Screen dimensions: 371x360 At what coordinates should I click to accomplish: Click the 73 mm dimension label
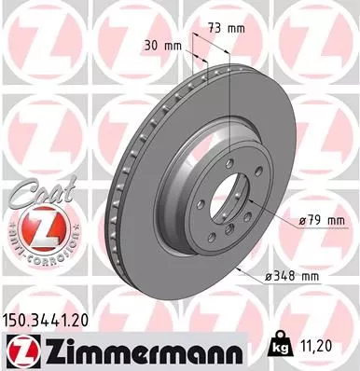pos(228,29)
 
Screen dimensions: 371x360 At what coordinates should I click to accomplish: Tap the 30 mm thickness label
pos(159,44)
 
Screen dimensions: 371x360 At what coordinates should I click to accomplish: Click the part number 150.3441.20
pos(52,318)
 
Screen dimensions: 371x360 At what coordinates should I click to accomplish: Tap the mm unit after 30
pos(173,44)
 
